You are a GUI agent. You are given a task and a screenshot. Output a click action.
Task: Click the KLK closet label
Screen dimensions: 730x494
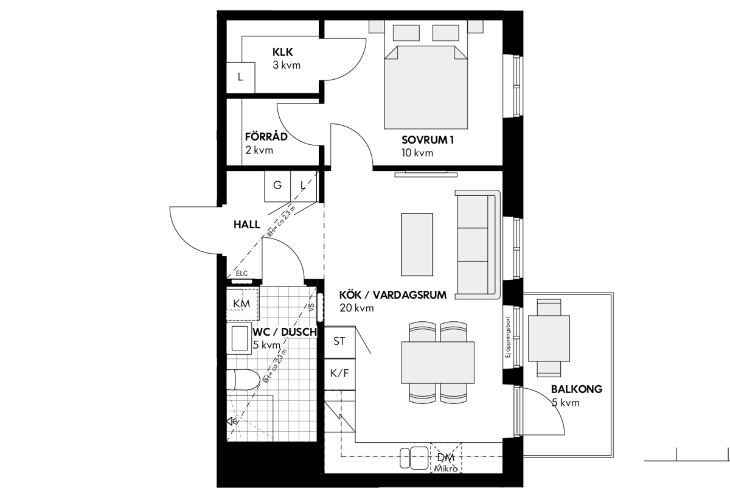click(282, 52)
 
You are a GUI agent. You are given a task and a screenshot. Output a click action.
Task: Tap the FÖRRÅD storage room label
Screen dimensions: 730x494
click(266, 136)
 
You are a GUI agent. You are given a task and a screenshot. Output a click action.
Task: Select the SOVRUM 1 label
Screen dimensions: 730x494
click(428, 140)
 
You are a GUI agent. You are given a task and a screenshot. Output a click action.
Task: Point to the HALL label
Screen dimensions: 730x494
click(247, 224)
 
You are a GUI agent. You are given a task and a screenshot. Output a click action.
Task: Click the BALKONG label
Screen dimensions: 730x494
click(577, 389)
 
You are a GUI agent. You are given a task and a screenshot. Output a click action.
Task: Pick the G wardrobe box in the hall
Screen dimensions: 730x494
click(277, 186)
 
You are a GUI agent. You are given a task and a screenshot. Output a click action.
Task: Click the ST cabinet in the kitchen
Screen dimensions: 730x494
click(339, 342)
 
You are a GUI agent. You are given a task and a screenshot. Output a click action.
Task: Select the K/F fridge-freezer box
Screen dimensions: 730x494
click(339, 374)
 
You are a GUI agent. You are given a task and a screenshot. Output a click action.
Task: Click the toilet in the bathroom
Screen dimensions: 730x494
click(243, 380)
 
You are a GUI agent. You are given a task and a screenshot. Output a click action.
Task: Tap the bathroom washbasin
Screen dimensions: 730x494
click(240, 338)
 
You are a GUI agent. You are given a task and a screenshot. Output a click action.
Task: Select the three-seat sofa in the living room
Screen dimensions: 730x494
click(478, 245)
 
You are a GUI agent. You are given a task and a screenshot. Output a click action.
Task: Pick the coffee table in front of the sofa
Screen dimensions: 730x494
click(417, 245)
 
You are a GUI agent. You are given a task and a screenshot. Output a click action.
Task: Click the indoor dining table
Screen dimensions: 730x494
click(438, 363)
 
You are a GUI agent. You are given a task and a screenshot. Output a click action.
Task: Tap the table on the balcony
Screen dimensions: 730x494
click(549, 338)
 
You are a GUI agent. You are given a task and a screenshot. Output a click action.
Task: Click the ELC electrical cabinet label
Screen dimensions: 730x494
click(242, 273)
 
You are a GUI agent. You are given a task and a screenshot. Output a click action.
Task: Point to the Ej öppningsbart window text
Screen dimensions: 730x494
click(507, 337)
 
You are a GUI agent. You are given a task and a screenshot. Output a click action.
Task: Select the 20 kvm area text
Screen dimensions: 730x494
click(356, 308)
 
